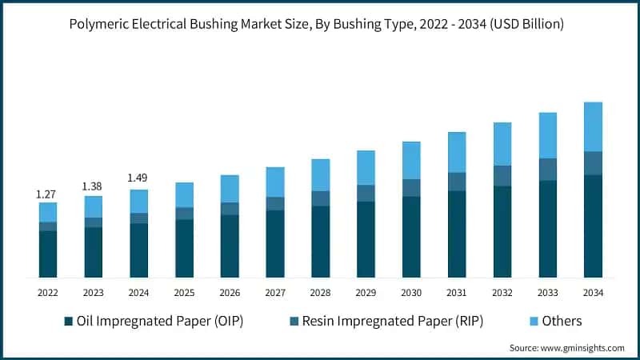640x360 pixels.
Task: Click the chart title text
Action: (320, 25)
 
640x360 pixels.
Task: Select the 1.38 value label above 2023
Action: (94, 186)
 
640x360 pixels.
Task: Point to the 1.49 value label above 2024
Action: (138, 178)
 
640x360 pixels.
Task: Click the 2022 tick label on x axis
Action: (48, 293)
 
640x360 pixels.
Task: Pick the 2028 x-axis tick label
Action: (320, 293)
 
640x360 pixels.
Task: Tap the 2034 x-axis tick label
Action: (593, 293)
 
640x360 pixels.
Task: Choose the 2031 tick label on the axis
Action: (457, 293)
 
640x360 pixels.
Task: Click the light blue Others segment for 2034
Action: (593, 126)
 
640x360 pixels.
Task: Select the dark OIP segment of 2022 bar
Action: (48, 254)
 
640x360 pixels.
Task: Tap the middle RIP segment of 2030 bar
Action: (411, 188)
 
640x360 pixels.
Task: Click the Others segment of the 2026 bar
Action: (230, 189)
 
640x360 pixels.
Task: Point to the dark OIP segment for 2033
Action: (547, 230)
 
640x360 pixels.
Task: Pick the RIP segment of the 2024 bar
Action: (138, 218)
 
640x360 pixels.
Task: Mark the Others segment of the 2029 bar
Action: (366, 168)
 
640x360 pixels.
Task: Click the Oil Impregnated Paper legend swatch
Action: (69, 322)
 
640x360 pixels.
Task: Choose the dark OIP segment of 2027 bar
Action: (275, 244)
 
